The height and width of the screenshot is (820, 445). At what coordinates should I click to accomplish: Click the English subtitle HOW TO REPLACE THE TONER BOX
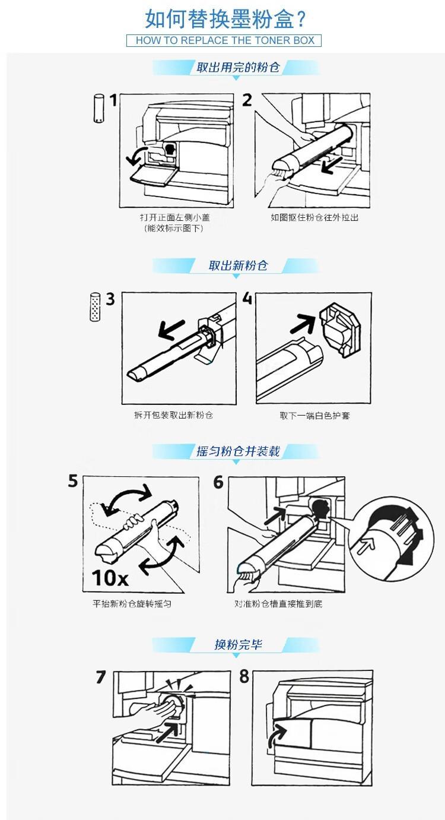point(225,40)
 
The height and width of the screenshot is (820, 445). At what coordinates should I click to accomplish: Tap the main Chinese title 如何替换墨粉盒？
point(225,19)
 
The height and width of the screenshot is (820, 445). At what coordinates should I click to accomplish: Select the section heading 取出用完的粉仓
point(238,67)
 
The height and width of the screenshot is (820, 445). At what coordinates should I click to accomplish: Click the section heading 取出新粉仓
point(238,265)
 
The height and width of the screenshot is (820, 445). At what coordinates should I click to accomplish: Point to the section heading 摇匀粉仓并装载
point(238,451)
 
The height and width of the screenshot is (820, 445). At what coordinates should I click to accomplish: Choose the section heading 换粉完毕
point(238,644)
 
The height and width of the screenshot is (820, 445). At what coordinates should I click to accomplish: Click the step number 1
point(113,100)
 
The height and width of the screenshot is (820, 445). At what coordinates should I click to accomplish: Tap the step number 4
point(247,298)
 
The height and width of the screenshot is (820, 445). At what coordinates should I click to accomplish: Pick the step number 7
point(101,677)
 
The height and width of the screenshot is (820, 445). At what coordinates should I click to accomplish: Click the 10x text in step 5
point(110,578)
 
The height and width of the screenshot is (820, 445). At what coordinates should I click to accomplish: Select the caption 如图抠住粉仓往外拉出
point(314,217)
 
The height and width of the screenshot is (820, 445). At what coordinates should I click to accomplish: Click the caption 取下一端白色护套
point(315,416)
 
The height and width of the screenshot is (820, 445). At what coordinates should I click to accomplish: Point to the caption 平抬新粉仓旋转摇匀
point(132,604)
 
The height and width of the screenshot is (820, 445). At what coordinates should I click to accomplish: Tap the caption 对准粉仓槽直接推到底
point(278,604)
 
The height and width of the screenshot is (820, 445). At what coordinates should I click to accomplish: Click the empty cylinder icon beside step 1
point(98,108)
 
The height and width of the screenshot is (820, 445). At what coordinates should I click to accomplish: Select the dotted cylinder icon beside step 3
point(95,307)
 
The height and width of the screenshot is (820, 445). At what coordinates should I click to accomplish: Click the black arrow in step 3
point(172,329)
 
